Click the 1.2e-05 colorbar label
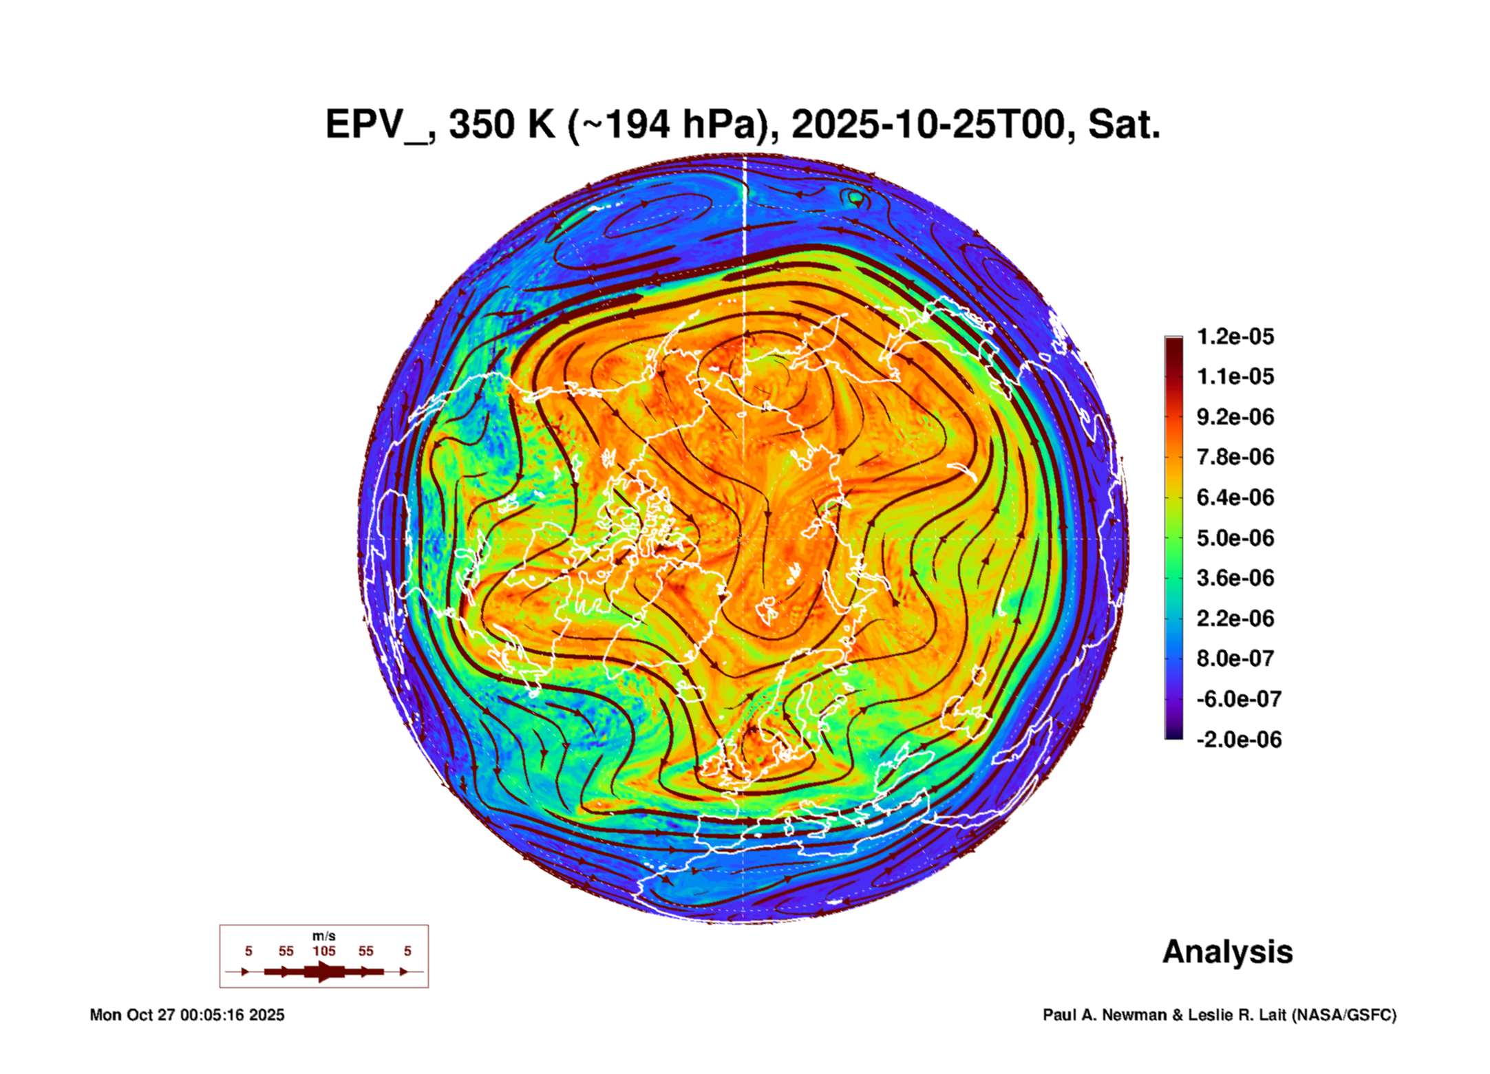(1235, 336)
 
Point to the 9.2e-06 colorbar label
(1235, 417)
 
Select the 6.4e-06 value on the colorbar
(1235, 497)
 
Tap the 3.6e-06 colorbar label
(1235, 578)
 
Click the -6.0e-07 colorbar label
(1238, 699)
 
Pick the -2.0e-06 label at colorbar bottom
(1238, 740)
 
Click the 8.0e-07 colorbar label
(1235, 658)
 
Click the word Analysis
(1227, 952)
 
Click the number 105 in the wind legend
(324, 951)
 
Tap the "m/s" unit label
(324, 936)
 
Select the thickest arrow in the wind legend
(324, 971)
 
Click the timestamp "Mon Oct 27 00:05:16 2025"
(187, 1015)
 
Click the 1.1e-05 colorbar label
(1235, 377)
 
